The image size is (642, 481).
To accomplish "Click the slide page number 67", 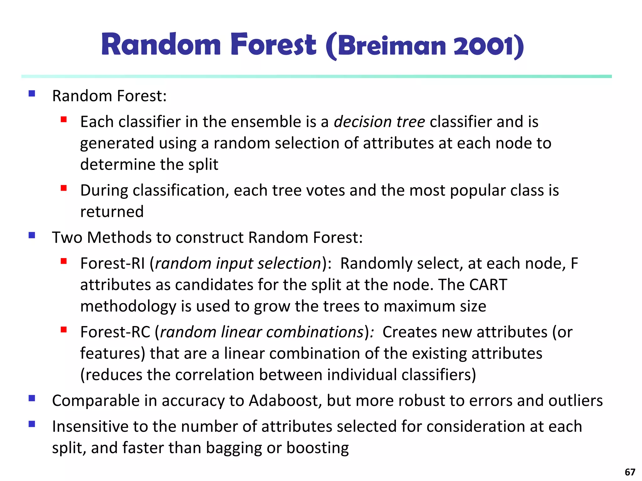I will coord(630,472).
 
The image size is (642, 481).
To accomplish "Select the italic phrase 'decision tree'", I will coord(379,122).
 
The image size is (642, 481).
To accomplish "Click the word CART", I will coord(488,285).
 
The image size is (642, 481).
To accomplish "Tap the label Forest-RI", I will coord(112,263).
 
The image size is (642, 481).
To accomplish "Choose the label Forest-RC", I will coord(115,332).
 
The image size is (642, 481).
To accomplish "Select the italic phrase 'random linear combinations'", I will coord(262,332).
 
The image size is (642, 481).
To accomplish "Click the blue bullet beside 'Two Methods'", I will coord(32,235).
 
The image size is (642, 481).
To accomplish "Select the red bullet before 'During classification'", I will coord(64,188).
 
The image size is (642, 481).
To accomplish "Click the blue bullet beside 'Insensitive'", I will coord(32,424).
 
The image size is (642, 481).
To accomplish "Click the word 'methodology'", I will coord(128,306).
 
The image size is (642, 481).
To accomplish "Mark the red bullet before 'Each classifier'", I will coord(64,119).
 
